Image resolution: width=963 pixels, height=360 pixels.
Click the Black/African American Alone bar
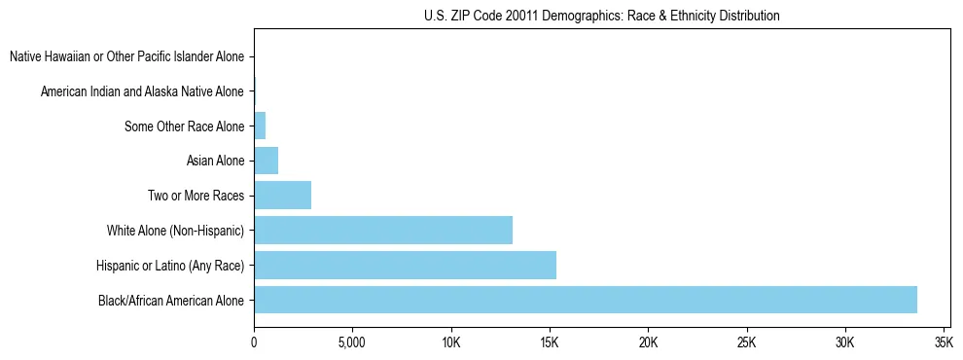[x=585, y=300]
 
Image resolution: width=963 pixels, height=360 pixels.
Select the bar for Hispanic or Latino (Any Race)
[x=405, y=265]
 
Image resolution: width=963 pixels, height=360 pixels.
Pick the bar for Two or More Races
[x=282, y=196]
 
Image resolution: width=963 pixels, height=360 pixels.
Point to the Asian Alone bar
[x=266, y=161]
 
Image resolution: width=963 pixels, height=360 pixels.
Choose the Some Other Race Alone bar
[x=260, y=126]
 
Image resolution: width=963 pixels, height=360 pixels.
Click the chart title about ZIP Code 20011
[x=602, y=17]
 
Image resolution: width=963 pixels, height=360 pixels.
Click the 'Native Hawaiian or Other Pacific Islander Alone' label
[x=126, y=56]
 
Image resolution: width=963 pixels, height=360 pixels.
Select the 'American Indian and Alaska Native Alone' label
[x=142, y=91]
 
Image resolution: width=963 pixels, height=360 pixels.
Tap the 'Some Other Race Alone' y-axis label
[x=184, y=126]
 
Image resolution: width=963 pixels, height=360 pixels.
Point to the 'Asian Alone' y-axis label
[x=215, y=161]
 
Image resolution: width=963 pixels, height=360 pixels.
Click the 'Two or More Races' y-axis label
[x=196, y=196]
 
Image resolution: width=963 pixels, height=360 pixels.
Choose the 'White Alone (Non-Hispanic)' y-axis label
[x=175, y=231]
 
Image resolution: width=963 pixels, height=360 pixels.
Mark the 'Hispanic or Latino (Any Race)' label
[x=170, y=266]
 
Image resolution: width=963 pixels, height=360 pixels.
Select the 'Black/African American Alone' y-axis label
[x=171, y=301]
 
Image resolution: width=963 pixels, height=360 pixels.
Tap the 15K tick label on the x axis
[x=550, y=343]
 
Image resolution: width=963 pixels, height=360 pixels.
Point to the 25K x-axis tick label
[x=746, y=343]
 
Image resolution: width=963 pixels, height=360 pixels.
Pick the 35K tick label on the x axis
[x=943, y=343]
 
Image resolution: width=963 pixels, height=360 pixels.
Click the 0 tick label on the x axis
[x=254, y=343]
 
